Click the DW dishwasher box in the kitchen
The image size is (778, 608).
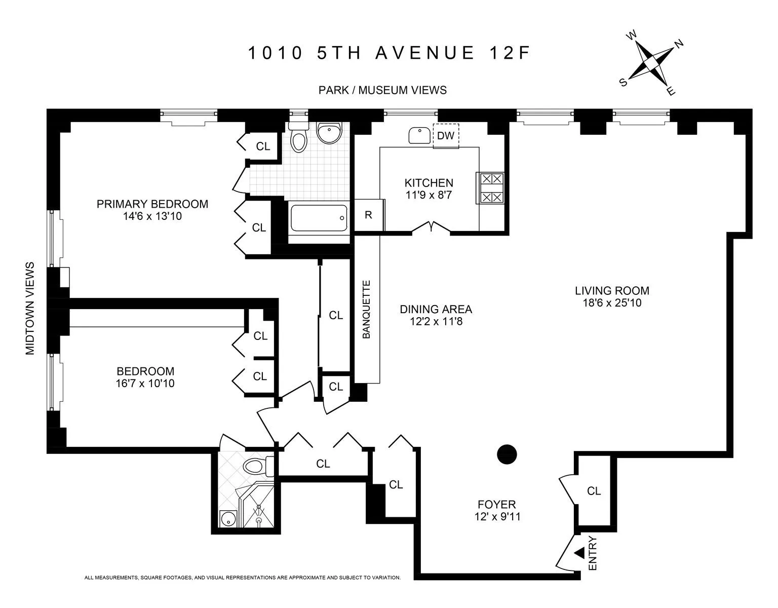pos(446,136)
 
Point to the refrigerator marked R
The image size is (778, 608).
pos(369,215)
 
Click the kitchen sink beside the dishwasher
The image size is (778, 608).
pos(419,135)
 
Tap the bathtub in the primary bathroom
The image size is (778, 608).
pos(319,217)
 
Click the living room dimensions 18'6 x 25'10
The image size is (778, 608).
pos(612,303)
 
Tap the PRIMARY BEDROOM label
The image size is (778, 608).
pos(152,204)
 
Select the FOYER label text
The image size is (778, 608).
pos(496,504)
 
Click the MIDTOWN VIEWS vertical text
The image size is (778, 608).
pos(30,308)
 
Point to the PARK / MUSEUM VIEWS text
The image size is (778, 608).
pos(382,90)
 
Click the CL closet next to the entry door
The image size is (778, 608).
pos(594,491)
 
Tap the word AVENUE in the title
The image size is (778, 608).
pos(424,53)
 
